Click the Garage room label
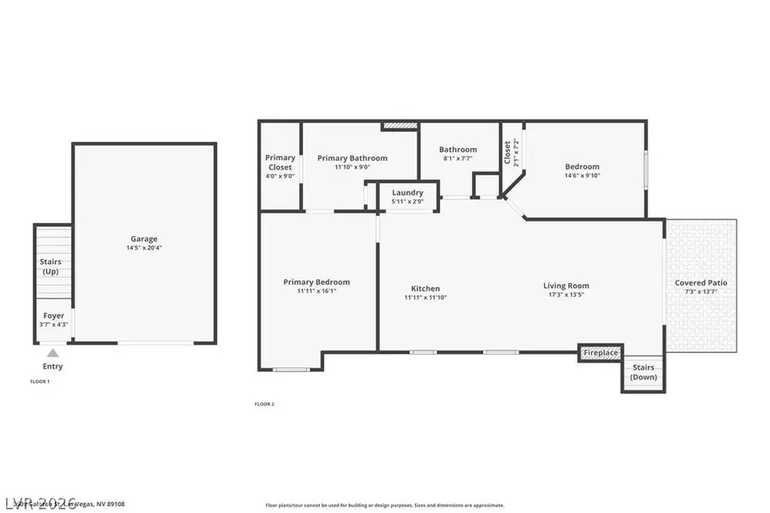click(x=144, y=239)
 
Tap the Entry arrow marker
click(x=53, y=352)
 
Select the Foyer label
click(x=53, y=315)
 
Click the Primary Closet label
click(x=280, y=162)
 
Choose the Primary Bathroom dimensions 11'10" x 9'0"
click(x=352, y=168)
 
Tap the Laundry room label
click(x=407, y=193)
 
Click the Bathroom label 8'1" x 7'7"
click(x=458, y=158)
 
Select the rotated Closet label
click(x=507, y=153)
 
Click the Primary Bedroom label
click(x=317, y=282)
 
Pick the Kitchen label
click(x=425, y=288)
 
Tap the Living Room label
click(x=566, y=286)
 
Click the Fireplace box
click(x=601, y=352)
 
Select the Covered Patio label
click(x=701, y=283)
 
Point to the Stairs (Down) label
click(x=643, y=372)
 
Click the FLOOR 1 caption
click(x=40, y=381)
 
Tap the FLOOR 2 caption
click(x=264, y=404)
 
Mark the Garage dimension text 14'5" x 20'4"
click(x=144, y=248)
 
